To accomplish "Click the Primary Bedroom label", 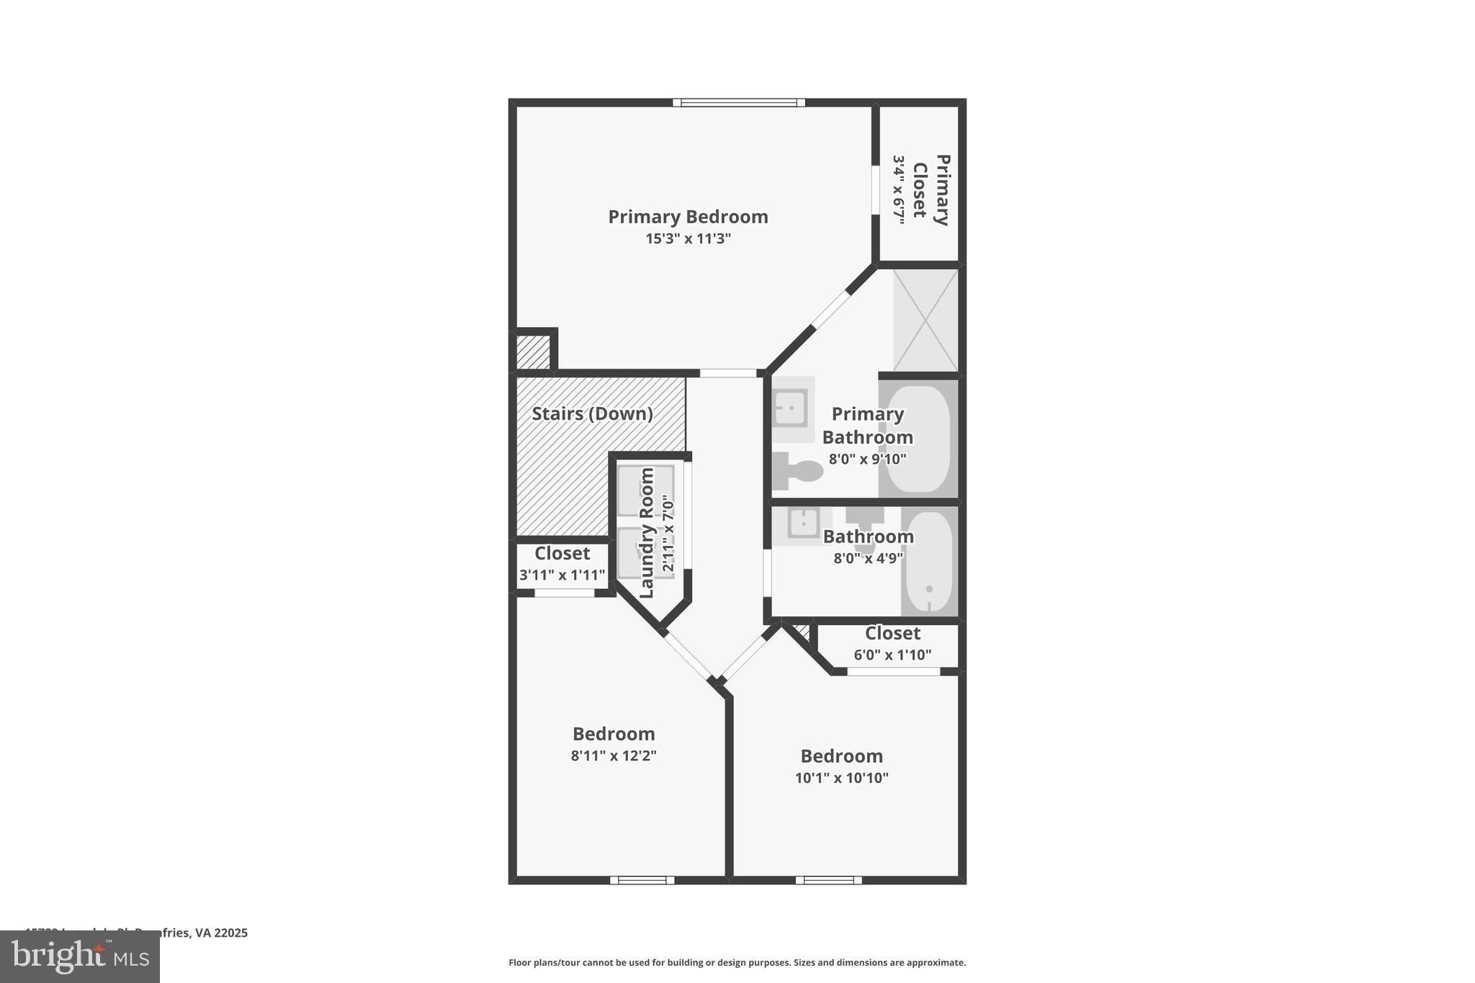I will pyautogui.click(x=688, y=217).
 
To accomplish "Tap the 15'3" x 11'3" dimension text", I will pyautogui.click(x=688, y=238).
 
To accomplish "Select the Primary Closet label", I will pyautogui.click(x=931, y=190).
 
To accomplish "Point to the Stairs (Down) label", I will pyautogui.click(x=592, y=414).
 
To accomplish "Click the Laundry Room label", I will pyautogui.click(x=647, y=533).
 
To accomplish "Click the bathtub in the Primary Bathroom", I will pyautogui.click(x=918, y=439).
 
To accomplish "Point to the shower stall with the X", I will pyautogui.click(x=925, y=320).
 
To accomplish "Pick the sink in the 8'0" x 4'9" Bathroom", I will pyautogui.click(x=803, y=523).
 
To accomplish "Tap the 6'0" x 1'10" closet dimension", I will pyautogui.click(x=892, y=655).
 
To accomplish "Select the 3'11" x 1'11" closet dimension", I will pyautogui.click(x=562, y=575).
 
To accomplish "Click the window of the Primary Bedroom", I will pyautogui.click(x=739, y=102).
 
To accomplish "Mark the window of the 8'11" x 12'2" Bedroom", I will pyautogui.click(x=642, y=880).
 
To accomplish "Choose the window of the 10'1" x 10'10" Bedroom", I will pyautogui.click(x=828, y=880).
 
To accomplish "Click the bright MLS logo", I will pyautogui.click(x=80, y=956).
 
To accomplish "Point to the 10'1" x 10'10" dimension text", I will pyautogui.click(x=841, y=778).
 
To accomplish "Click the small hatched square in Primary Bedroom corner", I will pyautogui.click(x=533, y=352).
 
